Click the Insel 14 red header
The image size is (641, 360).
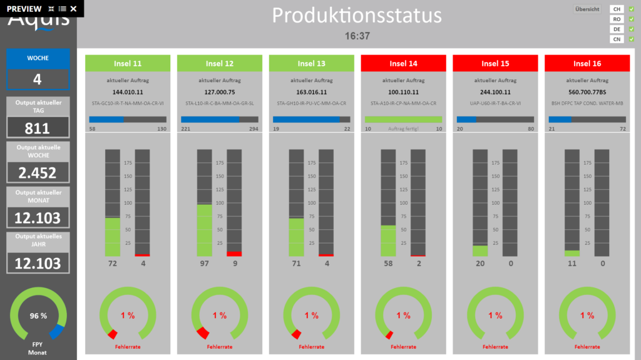point(403,63)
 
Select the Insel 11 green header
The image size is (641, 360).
point(128,63)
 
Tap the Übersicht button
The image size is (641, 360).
point(587,9)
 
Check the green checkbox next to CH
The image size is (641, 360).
point(632,9)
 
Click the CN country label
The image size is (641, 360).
point(617,39)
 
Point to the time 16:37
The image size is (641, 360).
point(357,36)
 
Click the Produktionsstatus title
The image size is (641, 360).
point(357,15)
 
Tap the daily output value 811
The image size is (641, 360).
point(38,128)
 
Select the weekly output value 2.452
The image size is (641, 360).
point(38,173)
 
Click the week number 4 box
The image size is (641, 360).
point(38,80)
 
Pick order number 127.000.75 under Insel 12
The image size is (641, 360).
point(220,91)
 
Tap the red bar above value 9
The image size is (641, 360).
point(234,254)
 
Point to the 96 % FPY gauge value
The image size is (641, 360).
point(39,316)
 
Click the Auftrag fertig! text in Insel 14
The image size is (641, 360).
point(403,128)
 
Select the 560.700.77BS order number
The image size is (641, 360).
point(587,91)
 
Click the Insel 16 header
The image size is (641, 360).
point(587,63)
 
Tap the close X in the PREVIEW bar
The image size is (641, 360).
point(74,9)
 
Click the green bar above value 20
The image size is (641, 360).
point(480,250)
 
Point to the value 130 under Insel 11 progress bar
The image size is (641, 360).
point(162,128)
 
